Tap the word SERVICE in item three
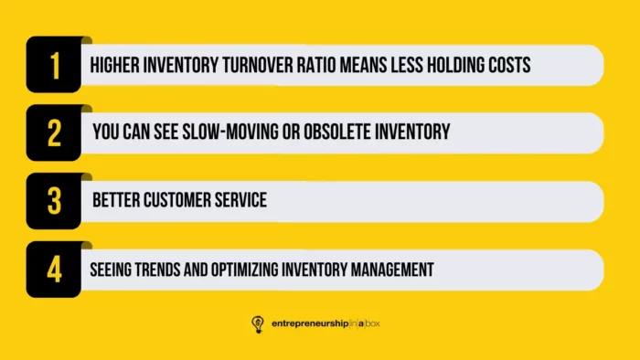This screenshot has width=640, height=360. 241,201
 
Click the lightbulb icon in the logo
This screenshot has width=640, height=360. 259,323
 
